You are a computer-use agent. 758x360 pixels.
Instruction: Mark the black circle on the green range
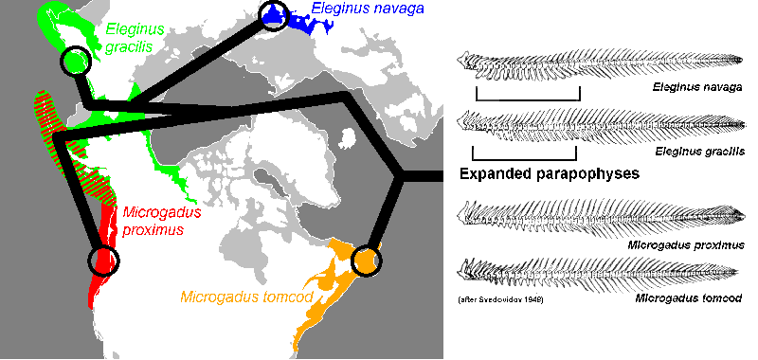76,63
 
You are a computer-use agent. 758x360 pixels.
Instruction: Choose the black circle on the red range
104,260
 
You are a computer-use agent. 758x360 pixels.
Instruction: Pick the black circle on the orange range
366,260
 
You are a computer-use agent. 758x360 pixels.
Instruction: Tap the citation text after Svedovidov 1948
494,299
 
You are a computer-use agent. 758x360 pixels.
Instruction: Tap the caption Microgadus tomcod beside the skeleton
690,299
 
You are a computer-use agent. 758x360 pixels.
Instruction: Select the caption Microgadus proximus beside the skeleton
686,244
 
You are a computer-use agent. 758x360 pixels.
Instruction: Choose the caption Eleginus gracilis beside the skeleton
698,152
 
